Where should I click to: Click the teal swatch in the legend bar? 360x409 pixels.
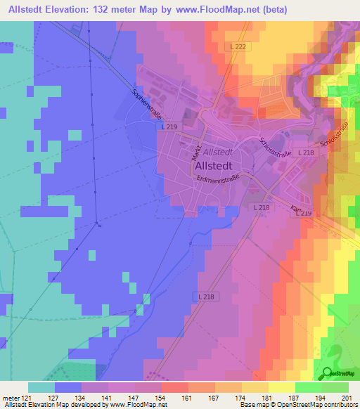41,387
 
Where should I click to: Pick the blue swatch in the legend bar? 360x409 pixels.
68,387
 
